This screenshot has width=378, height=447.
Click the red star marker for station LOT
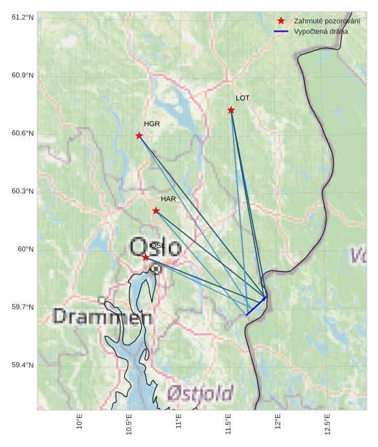pos(231,110)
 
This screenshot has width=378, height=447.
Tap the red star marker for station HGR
pos(139,135)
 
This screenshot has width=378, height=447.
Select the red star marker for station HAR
pos(156,211)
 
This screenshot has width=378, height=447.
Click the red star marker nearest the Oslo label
pos(146,257)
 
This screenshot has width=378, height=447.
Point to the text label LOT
pos(243,98)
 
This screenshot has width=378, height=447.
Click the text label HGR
pos(151,124)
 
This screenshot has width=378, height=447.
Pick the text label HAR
pos(168,199)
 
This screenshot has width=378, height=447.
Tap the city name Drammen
pos(102,317)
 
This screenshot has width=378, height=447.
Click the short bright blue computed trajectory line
pos(256,306)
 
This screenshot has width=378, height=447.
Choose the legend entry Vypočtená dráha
pos(320,31)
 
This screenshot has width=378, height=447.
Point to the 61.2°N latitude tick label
pos(23,17)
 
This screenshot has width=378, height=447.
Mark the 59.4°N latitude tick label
pos(23,365)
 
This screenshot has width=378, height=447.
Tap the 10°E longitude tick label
pos(80,422)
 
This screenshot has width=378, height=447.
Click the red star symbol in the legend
pos(281,21)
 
